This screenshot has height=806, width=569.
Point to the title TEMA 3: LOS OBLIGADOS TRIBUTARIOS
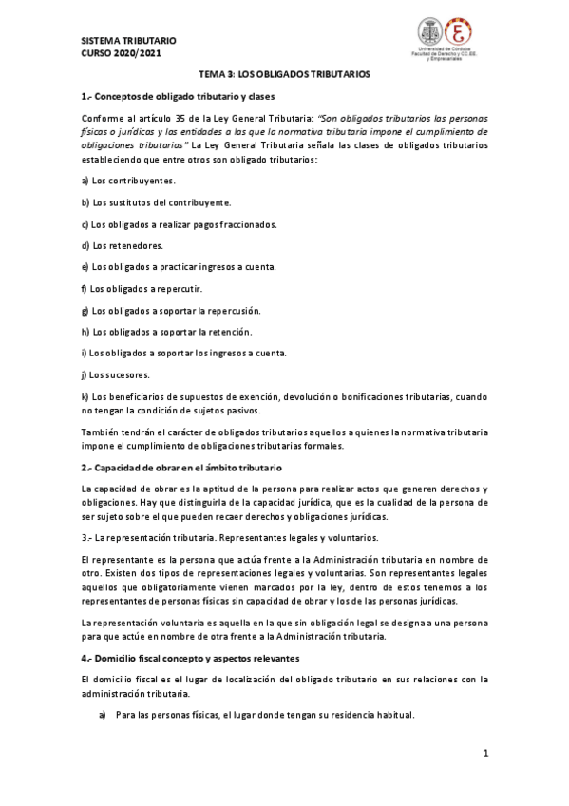284,73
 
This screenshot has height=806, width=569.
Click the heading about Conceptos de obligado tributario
179,97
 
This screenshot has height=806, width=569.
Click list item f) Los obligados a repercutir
142,288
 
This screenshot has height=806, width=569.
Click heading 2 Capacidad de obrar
181,468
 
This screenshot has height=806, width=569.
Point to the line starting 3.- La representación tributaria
217,538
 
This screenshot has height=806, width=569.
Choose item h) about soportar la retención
166,332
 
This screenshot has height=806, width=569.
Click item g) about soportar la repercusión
171,310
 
